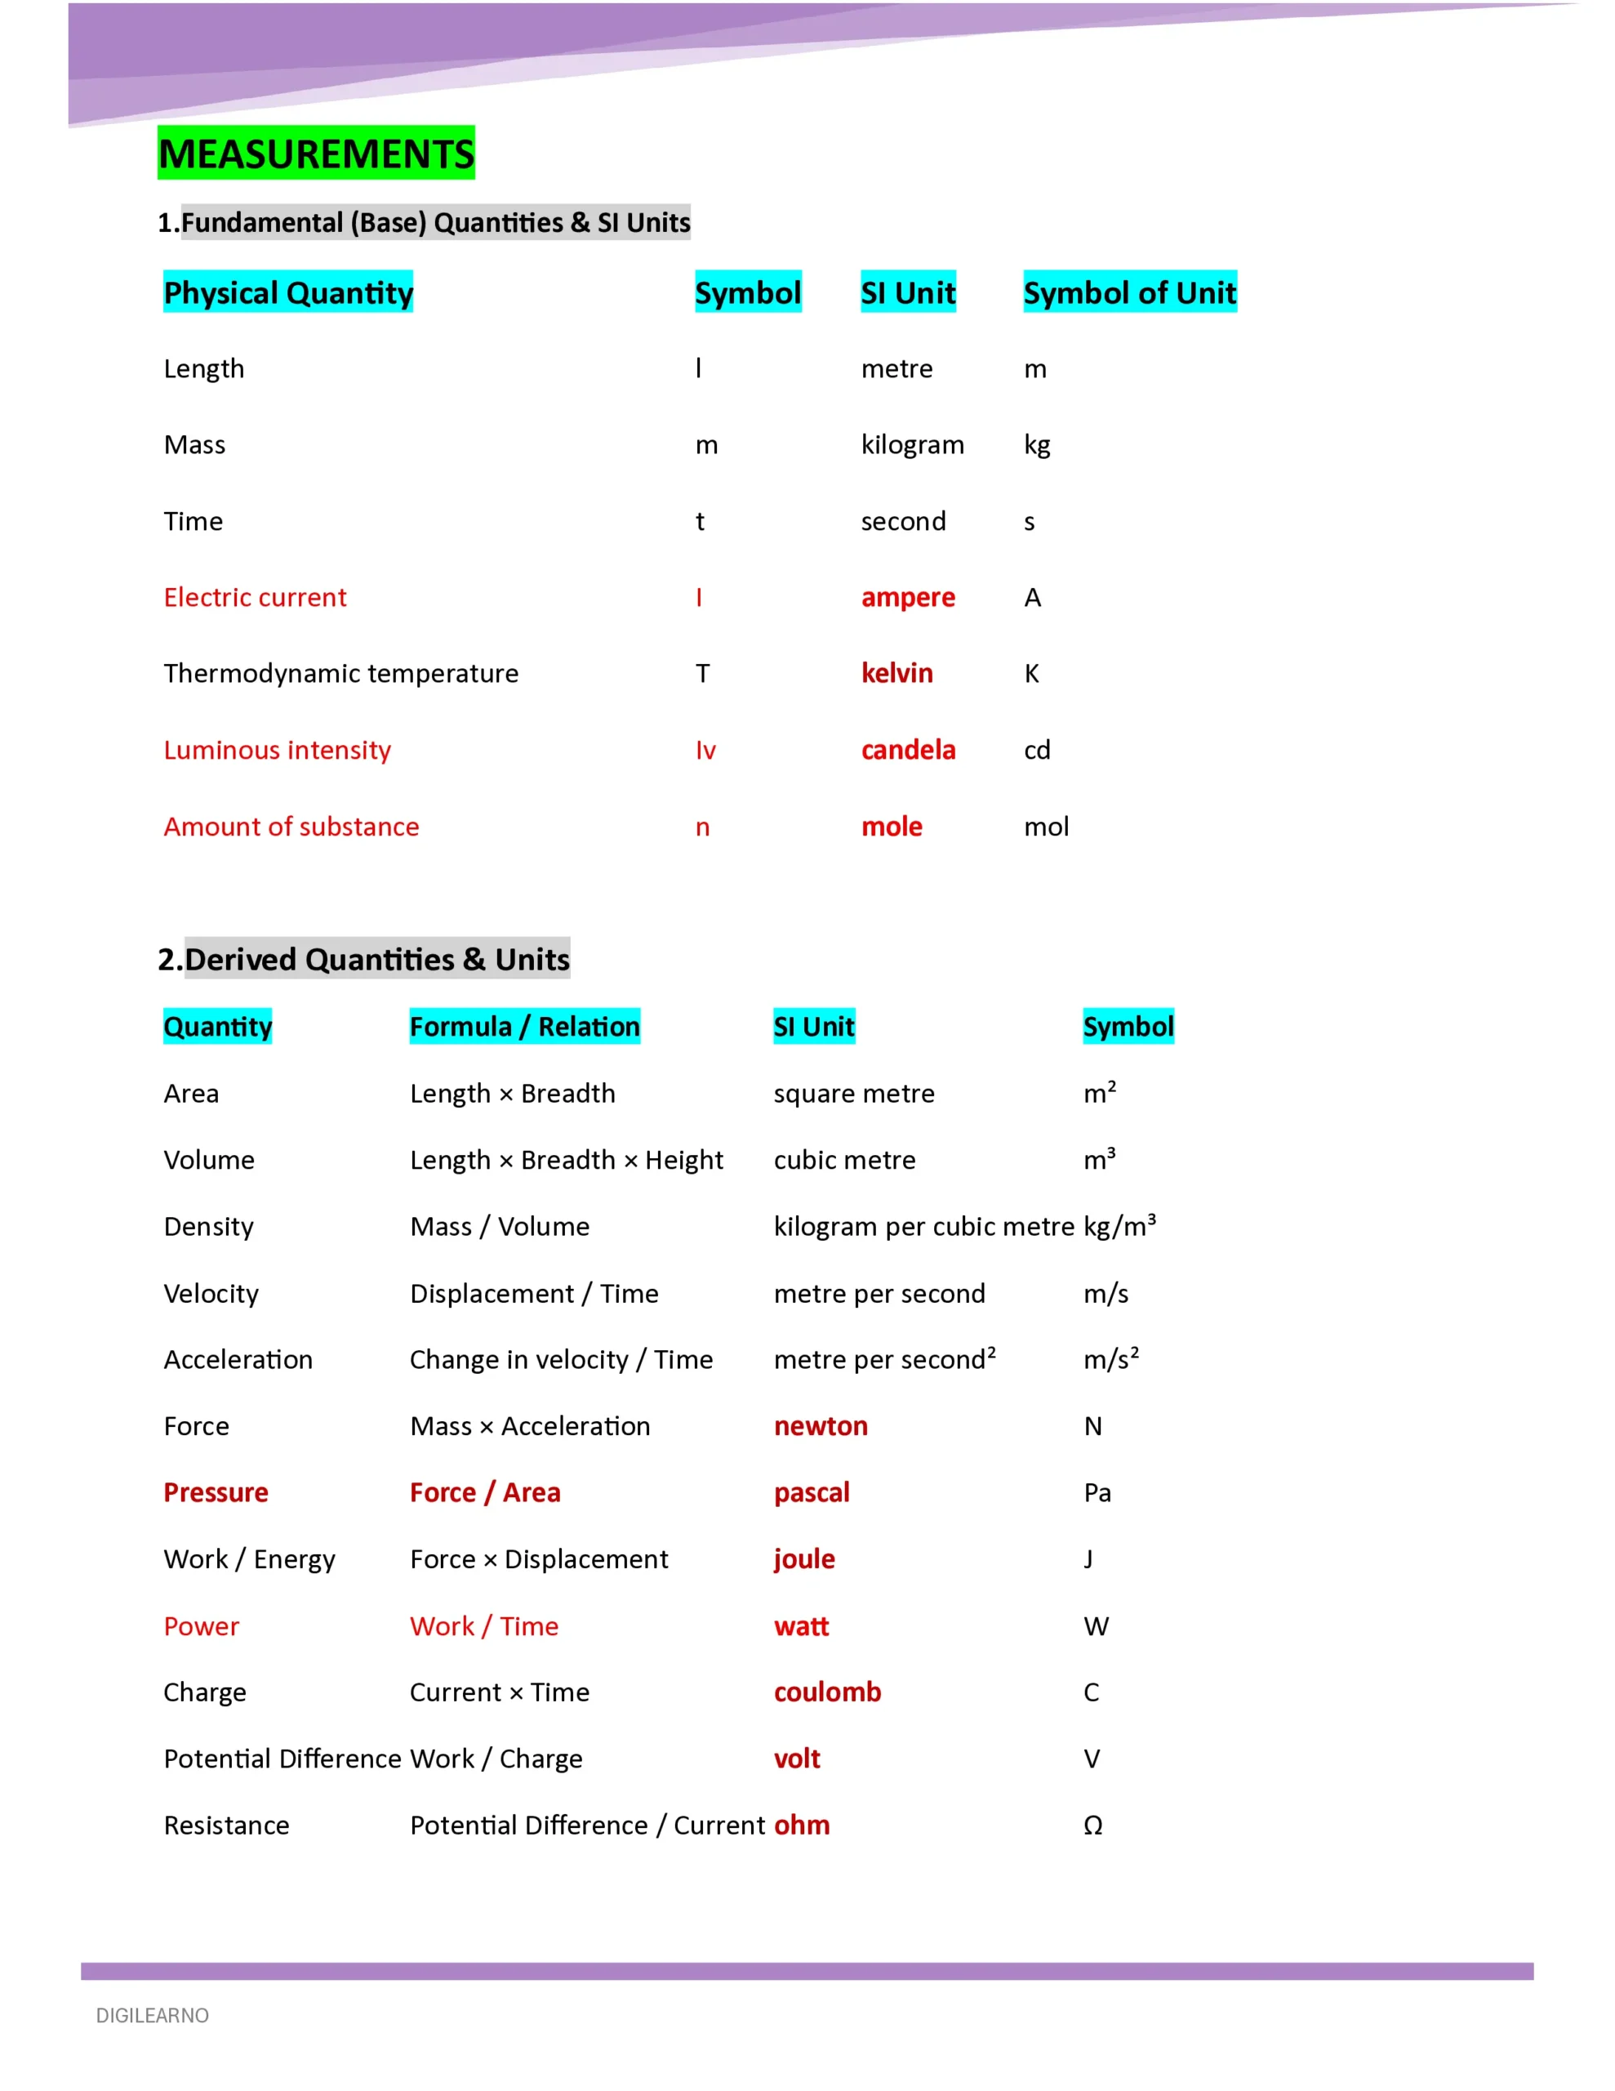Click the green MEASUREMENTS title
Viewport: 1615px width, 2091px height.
316,154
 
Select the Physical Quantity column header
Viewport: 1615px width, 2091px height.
288,292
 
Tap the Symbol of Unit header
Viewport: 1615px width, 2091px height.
1130,292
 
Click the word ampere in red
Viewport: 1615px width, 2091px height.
908,597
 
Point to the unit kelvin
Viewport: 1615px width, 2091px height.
896,673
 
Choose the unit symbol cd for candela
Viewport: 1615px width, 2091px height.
1037,750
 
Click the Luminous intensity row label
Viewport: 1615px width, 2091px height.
278,750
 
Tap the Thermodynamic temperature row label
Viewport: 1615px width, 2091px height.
340,673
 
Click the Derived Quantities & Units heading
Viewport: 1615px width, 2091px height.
364,960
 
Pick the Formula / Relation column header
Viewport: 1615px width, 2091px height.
525,1027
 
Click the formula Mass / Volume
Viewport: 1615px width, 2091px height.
500,1227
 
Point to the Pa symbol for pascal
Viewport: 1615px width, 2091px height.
1097,1492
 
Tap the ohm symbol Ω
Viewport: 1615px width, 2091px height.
1092,1825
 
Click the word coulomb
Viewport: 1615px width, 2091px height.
827,1692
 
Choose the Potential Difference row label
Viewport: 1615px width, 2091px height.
283,1759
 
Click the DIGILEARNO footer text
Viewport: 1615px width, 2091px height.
152,2015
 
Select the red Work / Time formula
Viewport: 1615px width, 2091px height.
484,1625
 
